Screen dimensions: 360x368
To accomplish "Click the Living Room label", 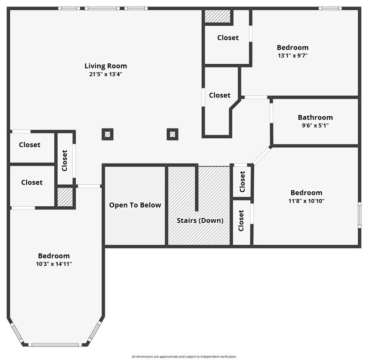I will tap(105, 66).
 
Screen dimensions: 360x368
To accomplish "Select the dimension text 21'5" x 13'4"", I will tap(105, 74).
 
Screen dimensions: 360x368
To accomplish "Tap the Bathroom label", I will tap(315, 118).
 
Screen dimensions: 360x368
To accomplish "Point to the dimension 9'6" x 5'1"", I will tap(315, 126).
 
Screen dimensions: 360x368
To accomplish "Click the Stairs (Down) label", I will tap(199, 220).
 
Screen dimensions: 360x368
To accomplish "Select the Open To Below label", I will tap(135, 205).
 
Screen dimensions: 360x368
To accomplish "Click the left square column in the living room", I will tap(108, 135).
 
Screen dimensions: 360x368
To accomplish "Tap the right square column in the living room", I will tap(173, 135).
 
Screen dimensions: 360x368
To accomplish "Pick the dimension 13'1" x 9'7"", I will tap(292, 55).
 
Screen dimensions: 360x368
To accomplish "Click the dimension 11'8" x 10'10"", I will tap(306, 201).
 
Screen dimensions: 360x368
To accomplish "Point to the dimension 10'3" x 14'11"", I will tap(54, 264).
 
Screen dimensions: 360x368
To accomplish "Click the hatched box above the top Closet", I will tap(218, 16).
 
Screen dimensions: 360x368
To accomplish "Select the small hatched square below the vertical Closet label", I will tap(65, 197).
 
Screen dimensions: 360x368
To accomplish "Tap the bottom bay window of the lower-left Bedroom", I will tap(55, 345).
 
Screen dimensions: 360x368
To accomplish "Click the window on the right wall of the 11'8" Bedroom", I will tap(359, 215).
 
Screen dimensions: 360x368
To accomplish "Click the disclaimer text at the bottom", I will tap(184, 357).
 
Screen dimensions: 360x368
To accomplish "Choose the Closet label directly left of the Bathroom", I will tap(220, 95).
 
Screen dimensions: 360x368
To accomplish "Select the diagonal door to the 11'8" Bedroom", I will tap(262, 155).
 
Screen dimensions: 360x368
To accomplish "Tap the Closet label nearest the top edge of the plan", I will tap(228, 38).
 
